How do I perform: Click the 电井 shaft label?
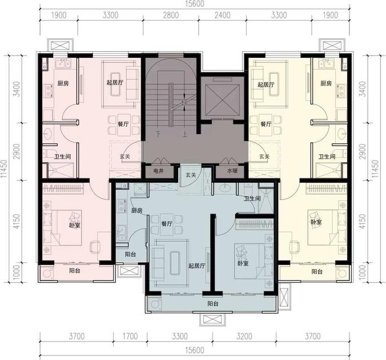pos(158,171)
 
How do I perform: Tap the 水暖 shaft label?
pos(232,171)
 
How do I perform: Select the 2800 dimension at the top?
pos(171,15)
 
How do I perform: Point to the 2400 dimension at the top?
pos(222,15)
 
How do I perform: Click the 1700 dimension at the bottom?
pos(130,336)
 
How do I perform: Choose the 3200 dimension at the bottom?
pos(244,336)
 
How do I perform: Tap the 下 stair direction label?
pos(158,134)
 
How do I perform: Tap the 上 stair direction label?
pos(185,134)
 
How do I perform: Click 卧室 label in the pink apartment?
pos(74,225)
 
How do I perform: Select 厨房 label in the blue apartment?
pos(136,211)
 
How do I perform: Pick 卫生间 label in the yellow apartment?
pos(327,157)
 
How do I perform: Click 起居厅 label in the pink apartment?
pos(115,82)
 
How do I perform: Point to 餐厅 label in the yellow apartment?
pos(266,124)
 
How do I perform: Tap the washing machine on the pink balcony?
pos(47,274)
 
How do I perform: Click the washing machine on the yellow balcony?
pos(343,274)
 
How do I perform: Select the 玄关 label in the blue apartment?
pos(191,175)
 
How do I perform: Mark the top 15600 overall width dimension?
pos(195,4)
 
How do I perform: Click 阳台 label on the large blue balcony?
pos(212,303)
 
